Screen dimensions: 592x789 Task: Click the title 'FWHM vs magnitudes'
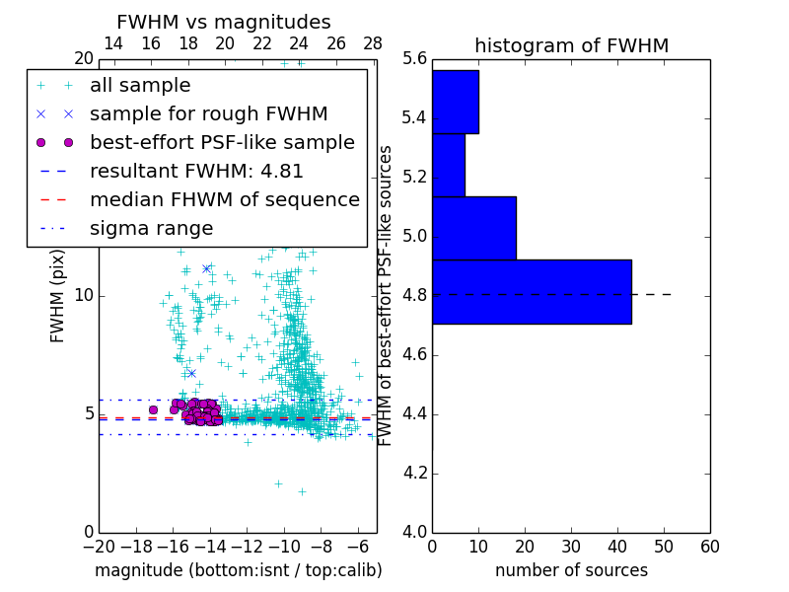point(224,22)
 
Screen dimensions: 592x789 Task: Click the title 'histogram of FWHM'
point(571,45)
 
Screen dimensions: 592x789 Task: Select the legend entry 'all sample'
point(140,86)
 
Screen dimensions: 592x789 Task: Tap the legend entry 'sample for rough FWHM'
point(208,113)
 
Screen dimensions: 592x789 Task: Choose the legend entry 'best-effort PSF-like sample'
point(222,142)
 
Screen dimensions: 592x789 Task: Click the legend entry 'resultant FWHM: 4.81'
point(196,171)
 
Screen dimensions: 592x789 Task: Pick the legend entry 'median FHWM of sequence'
point(224,199)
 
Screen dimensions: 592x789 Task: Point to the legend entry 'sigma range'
point(151,228)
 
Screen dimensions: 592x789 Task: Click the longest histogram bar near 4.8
point(532,291)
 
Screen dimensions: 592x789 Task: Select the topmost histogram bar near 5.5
point(455,102)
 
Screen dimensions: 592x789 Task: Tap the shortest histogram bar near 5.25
point(448,165)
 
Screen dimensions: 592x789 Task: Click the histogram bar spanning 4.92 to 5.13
point(473,228)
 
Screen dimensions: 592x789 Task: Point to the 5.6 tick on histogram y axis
point(414,58)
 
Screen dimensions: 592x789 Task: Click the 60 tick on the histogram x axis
point(709,546)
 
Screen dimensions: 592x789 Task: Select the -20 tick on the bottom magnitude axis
point(99,546)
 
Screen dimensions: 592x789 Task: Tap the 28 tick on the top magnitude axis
point(373,43)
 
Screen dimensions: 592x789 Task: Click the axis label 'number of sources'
point(571,570)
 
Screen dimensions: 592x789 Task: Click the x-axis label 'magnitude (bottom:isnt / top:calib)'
point(238,570)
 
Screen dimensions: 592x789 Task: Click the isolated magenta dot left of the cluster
point(153,409)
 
